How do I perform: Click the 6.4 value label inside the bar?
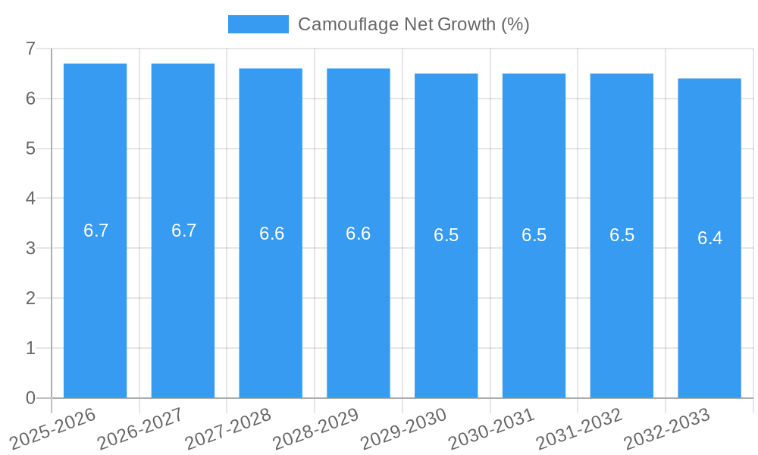709,238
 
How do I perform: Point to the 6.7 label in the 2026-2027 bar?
183,231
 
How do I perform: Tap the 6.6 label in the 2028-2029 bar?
358,234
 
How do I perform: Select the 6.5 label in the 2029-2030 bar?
446,235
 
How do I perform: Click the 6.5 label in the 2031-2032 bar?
622,235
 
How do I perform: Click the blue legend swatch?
258,24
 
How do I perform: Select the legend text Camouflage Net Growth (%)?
413,24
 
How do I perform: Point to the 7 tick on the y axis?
30,49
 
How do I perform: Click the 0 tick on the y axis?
30,398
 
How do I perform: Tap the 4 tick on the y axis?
30,198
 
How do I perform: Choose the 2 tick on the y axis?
30,298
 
